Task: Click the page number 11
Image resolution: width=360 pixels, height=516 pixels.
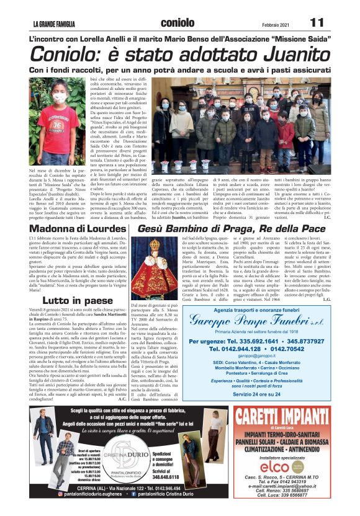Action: (x=317, y=22)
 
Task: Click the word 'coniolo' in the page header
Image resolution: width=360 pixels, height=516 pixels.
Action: (x=181, y=22)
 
